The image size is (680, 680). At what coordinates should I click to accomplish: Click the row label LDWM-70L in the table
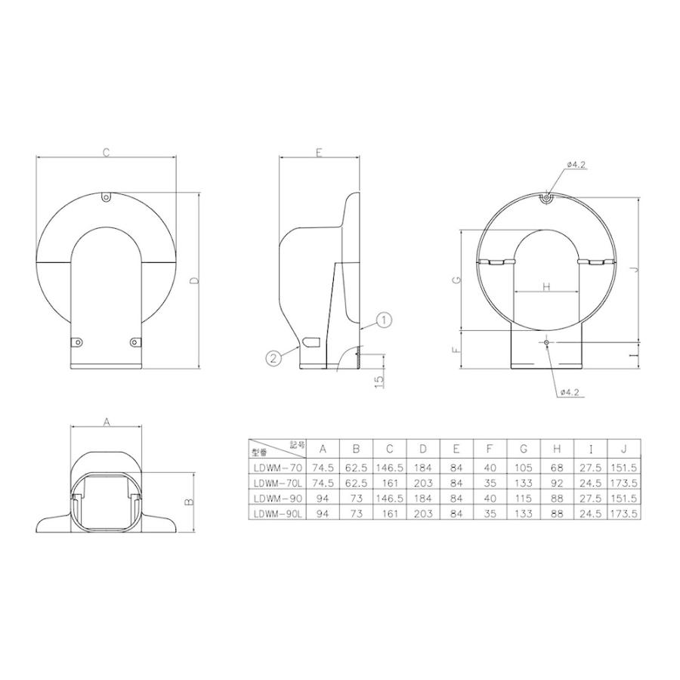coord(278,483)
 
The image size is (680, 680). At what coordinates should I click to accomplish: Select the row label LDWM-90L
coord(278,513)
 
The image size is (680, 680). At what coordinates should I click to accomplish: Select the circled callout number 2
coord(274,357)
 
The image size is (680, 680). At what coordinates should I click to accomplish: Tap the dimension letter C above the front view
coord(107,152)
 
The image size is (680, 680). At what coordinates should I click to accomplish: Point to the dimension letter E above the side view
coord(319,153)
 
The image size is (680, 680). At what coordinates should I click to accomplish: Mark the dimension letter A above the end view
coord(107,423)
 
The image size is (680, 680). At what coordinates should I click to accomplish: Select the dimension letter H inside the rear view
coord(546,286)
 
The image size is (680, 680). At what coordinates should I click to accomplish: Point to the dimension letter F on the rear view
coord(456,351)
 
